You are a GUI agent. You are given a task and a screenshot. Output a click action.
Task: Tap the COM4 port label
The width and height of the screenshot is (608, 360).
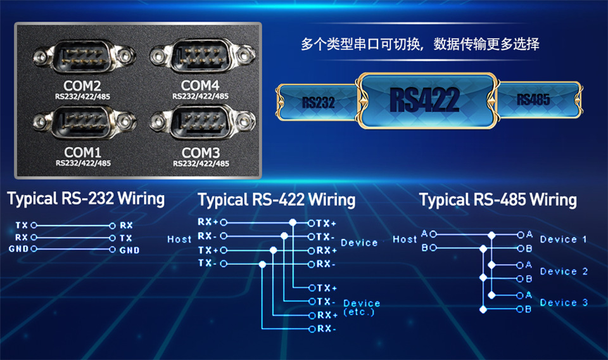(x=200, y=85)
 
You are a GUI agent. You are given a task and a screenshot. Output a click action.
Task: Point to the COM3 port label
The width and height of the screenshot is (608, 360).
(x=200, y=153)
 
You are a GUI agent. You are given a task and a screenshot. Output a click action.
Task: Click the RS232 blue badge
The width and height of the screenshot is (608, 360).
(x=319, y=102)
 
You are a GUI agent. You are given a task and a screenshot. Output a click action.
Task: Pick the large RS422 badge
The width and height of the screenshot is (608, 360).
(x=425, y=99)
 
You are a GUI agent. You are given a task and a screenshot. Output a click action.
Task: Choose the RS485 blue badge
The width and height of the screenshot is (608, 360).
(x=533, y=100)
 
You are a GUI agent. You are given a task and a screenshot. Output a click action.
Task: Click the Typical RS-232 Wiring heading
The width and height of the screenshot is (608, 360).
(x=86, y=198)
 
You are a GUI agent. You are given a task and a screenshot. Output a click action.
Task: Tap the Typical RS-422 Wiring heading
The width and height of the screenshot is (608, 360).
(x=277, y=200)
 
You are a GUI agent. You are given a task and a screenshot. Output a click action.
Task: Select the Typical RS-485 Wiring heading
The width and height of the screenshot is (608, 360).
(x=498, y=200)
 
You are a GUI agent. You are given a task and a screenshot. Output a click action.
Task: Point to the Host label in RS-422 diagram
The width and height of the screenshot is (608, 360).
(x=179, y=240)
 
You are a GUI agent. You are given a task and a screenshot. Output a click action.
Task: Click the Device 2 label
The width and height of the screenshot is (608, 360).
(x=563, y=271)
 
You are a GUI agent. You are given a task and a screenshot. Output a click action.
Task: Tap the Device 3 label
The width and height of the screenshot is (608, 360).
(x=563, y=303)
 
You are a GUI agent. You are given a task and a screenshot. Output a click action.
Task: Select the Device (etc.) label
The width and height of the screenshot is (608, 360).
(x=362, y=307)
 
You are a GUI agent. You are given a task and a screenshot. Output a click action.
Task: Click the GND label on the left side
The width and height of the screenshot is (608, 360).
(x=18, y=249)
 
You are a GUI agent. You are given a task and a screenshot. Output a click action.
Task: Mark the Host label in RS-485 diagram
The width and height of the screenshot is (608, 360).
(x=405, y=240)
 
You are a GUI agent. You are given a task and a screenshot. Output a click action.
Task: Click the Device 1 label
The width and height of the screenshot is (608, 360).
(x=563, y=240)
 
